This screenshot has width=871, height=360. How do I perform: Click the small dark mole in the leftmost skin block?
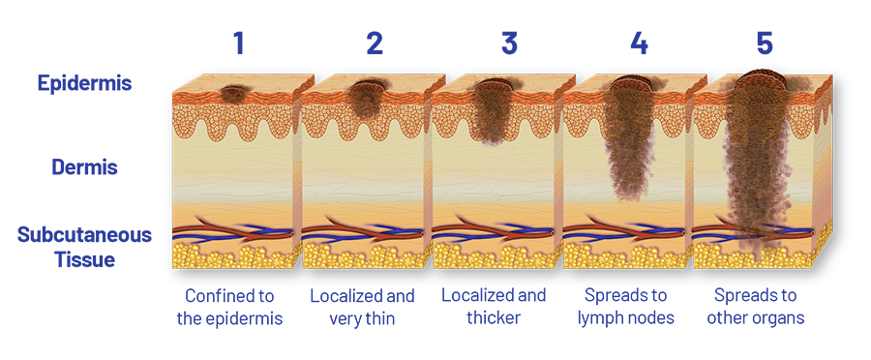233,94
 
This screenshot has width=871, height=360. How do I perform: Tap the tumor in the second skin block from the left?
365,99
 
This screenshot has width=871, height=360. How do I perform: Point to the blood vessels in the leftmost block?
233,232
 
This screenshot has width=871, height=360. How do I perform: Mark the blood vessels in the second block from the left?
363,232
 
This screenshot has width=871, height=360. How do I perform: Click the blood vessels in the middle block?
494,232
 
